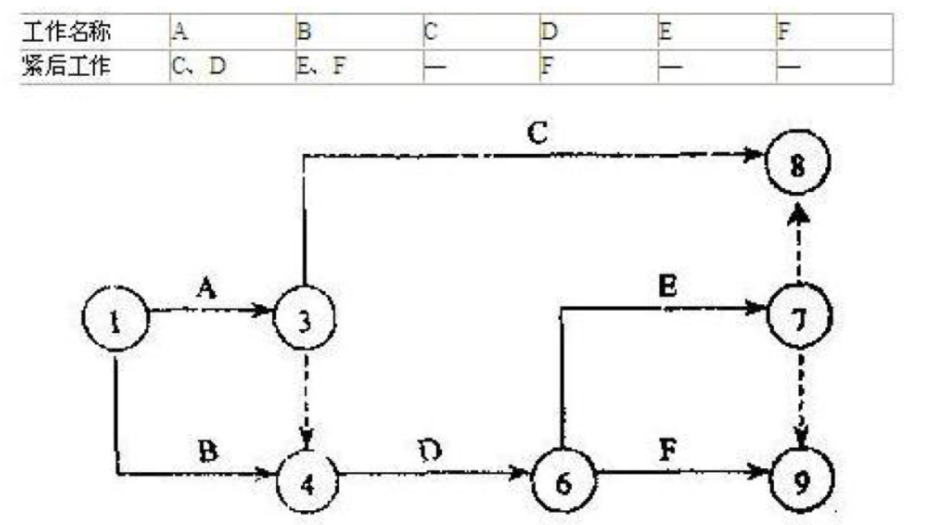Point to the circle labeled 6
pos(562,480)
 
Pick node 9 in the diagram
pos(800,479)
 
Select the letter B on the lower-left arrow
pos(208,451)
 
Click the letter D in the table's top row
pos(549,32)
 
